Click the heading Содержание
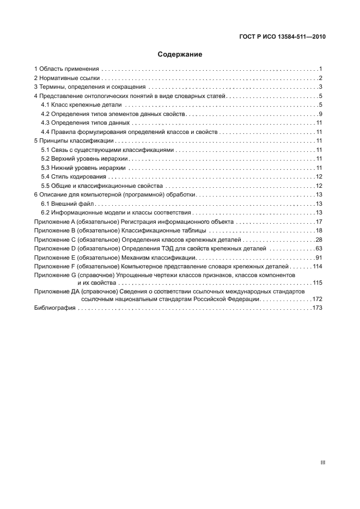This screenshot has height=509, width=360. pyautogui.click(x=180, y=54)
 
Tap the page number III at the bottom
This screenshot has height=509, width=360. pyautogui.click(x=322, y=462)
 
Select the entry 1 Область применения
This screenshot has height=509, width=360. pyautogui.click(x=66, y=69)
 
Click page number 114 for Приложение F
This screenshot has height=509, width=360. pyautogui.click(x=318, y=266)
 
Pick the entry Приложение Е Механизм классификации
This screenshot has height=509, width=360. pyautogui.click(x=115, y=257)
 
